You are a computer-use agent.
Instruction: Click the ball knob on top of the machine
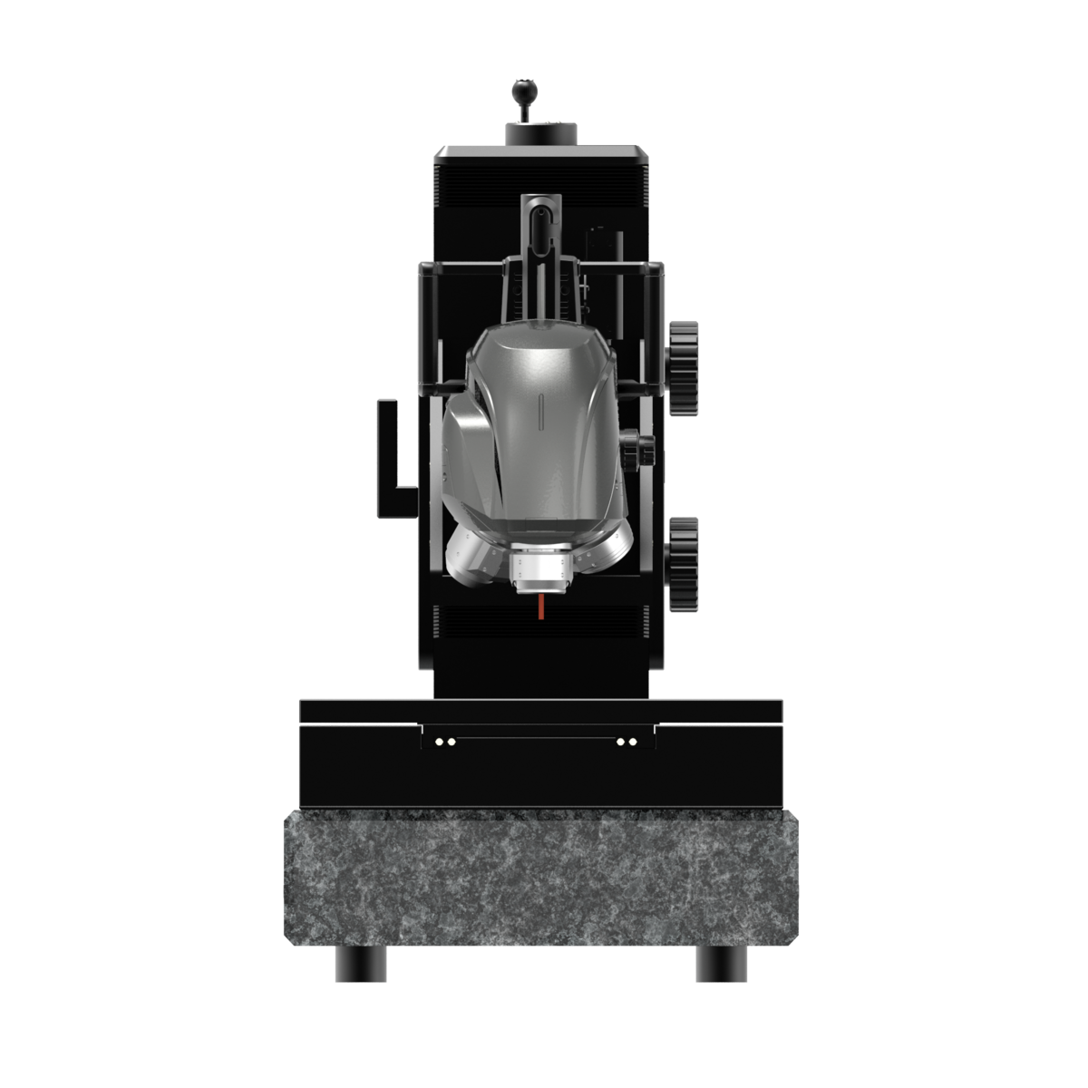coord(522,89)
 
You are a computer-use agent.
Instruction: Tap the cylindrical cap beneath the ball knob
coord(541,133)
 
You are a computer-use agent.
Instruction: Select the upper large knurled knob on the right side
coord(685,368)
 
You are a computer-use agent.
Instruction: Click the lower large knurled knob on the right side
coord(685,563)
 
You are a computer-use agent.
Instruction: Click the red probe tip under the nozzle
coord(541,607)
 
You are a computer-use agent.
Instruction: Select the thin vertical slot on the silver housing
coord(541,413)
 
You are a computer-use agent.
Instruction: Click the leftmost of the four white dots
coord(439,742)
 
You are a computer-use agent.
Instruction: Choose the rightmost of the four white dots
coord(633,742)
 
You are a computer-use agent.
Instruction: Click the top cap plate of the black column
coord(541,153)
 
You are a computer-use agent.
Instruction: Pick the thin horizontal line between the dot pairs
coord(536,736)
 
